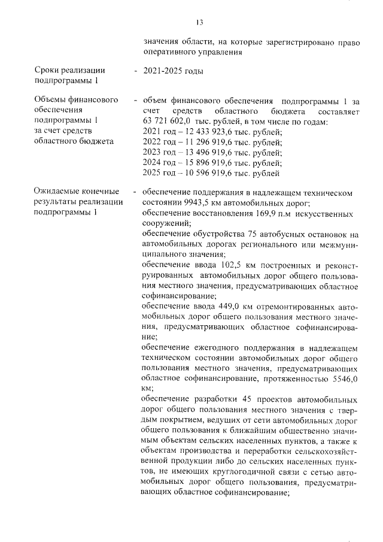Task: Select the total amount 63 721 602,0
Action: (x=169, y=122)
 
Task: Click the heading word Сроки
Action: (x=48, y=72)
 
